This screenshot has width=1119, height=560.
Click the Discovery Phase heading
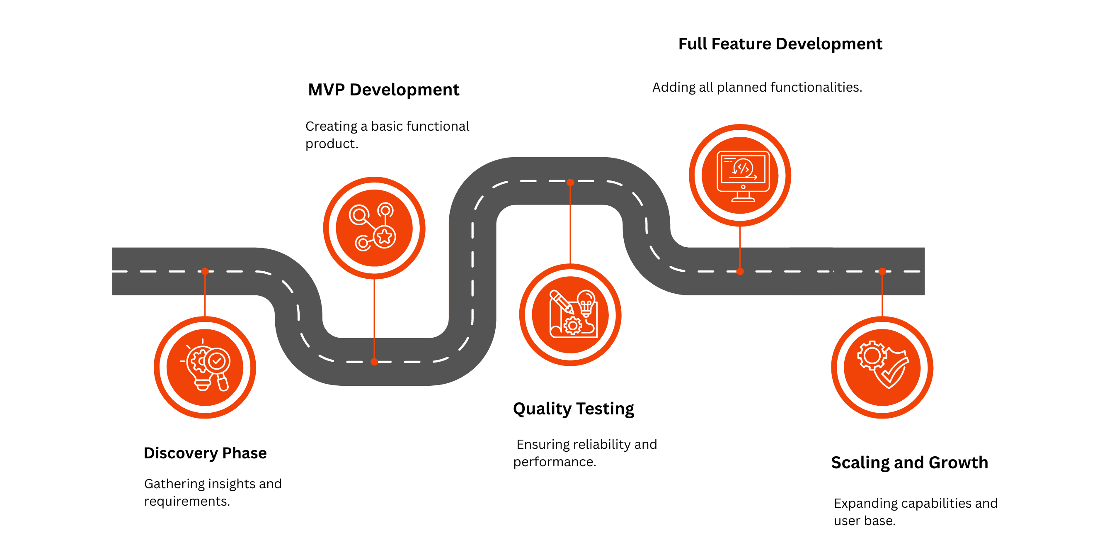point(205,453)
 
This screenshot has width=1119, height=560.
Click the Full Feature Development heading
point(780,44)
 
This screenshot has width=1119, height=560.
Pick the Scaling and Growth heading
point(909,463)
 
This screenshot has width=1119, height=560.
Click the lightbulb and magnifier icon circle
point(205,368)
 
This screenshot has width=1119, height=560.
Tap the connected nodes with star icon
point(374,228)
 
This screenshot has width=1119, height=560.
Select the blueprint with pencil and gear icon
point(570,315)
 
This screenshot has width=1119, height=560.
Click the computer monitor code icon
point(740,175)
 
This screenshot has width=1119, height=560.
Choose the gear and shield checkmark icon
point(882,368)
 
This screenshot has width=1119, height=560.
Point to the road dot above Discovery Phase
point(205,271)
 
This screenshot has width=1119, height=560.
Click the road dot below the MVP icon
point(374,362)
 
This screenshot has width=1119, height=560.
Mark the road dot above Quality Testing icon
point(570,183)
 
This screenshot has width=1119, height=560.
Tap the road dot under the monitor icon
point(740,271)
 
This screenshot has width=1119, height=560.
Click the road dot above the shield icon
point(882,271)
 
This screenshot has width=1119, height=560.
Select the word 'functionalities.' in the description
point(816,88)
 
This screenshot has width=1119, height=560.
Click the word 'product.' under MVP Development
point(332,144)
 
